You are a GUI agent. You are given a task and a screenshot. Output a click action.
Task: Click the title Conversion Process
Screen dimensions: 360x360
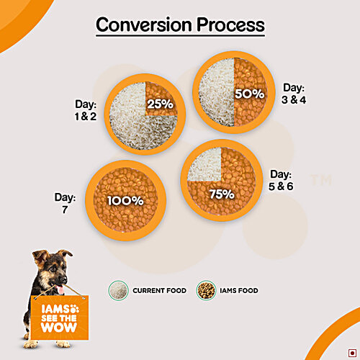[180, 24]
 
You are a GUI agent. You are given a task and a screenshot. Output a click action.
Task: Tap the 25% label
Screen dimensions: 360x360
[160, 104]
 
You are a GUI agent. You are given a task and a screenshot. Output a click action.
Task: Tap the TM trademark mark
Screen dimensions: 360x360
[320, 180]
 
